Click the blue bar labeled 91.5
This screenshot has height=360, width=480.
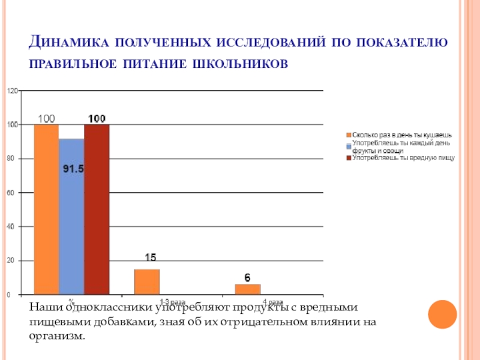(71, 216)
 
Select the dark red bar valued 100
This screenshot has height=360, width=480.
(97, 209)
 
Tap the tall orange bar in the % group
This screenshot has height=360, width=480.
(46, 209)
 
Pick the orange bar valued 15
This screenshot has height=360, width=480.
(147, 282)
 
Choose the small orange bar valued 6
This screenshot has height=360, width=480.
(247, 289)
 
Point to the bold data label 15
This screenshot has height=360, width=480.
(150, 257)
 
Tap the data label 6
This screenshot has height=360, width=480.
(247, 277)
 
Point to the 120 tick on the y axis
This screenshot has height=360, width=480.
(12, 91)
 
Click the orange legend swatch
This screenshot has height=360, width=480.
(347, 136)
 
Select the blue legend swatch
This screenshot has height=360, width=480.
(347, 146)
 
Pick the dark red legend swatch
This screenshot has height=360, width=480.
(347, 158)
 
